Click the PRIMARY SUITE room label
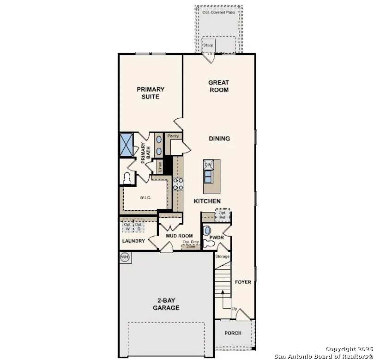click(x=151, y=93)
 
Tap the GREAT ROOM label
click(x=219, y=86)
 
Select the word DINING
click(x=219, y=139)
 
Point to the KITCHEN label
click(x=207, y=201)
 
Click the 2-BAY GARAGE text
click(x=166, y=304)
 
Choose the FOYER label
click(x=243, y=282)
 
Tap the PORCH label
click(x=233, y=333)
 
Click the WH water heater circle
click(x=125, y=257)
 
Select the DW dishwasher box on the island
click(x=209, y=165)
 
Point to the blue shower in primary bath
click(x=126, y=144)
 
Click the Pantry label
click(x=173, y=136)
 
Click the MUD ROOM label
click(x=179, y=236)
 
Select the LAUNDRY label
click(x=133, y=241)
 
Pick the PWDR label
click(x=216, y=238)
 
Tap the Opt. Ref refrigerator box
click(x=223, y=215)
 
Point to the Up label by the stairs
click(x=234, y=309)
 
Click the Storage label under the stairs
click(x=222, y=256)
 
